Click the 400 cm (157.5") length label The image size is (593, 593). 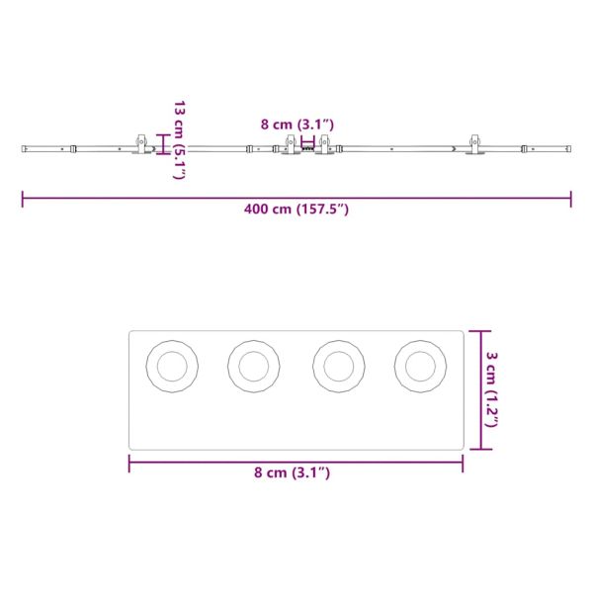coord(296,210)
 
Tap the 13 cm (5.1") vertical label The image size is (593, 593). coord(179,140)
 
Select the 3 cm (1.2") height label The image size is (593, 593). coord(491,389)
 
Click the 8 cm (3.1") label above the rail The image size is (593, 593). coord(297,125)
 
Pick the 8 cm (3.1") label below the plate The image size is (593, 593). coord(292,472)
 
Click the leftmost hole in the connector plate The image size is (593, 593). coord(172,366)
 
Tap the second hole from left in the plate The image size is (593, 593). coord(254,366)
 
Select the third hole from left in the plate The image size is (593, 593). coord(339,366)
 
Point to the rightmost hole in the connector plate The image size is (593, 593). coord(421,366)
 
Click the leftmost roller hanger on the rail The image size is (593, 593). coord(141,144)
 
